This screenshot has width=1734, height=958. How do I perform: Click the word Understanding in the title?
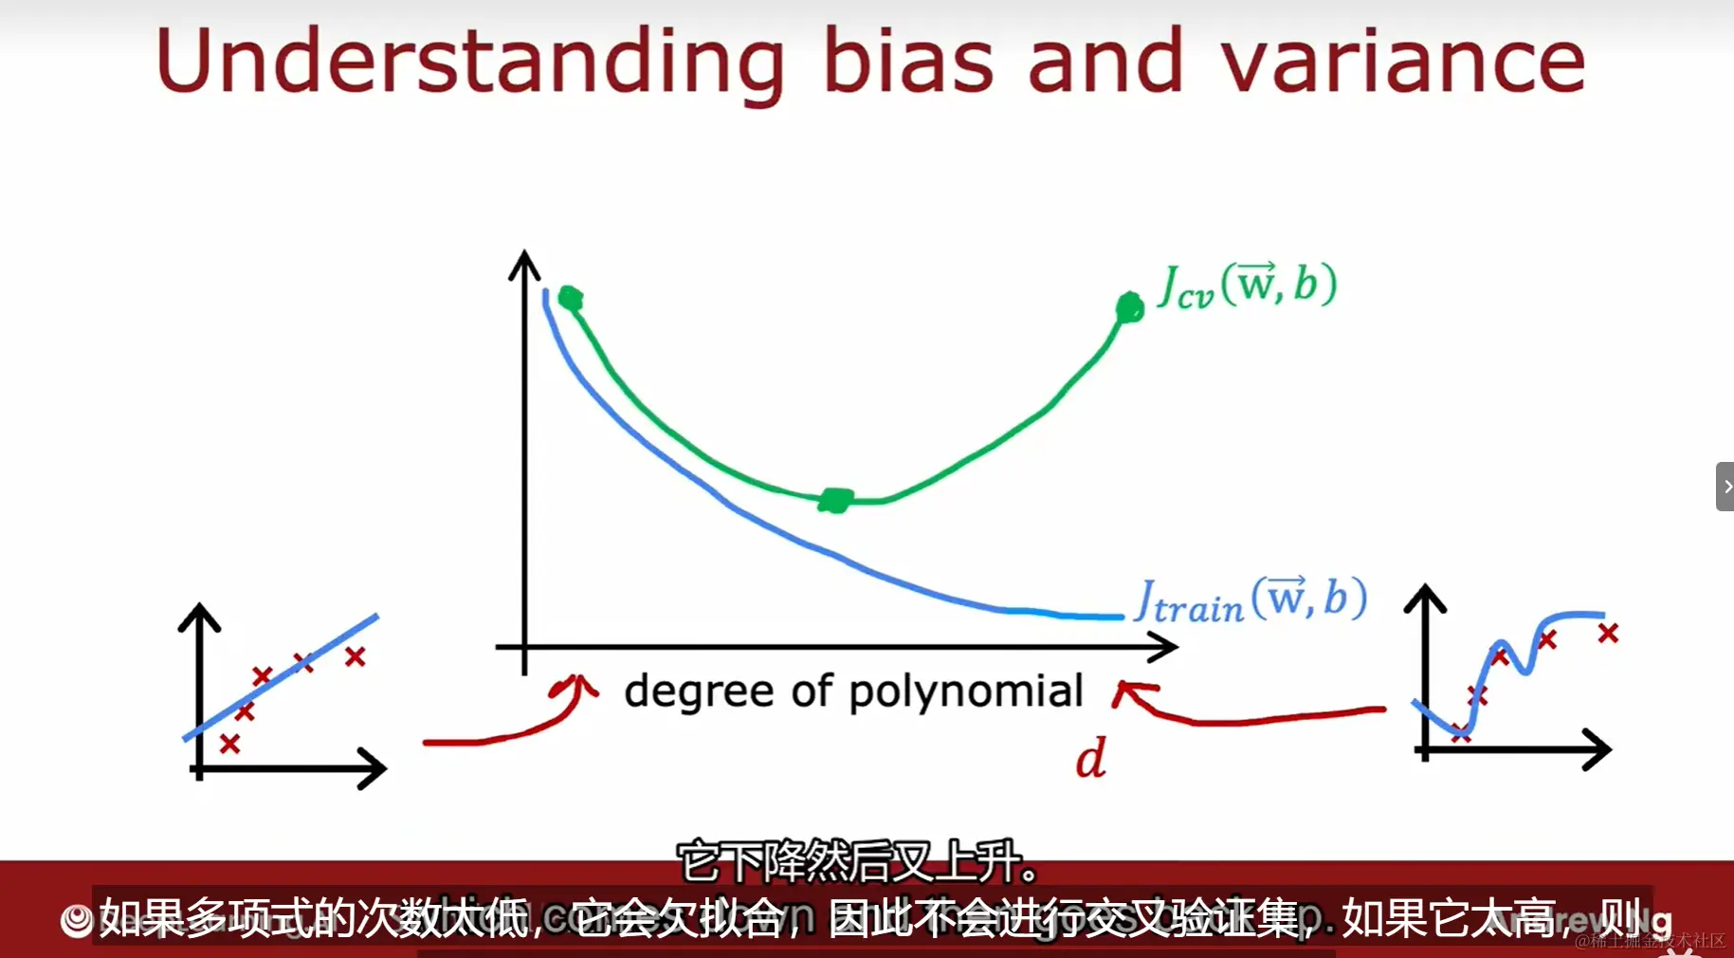tap(469, 62)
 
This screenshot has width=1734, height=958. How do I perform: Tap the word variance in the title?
tap(1402, 62)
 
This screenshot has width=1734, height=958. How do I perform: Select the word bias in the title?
tap(907, 62)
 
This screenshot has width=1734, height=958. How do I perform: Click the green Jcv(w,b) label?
tap(1248, 286)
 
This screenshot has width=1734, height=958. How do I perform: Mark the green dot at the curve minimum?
tap(835, 499)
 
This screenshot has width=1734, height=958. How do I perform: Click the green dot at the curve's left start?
tap(570, 299)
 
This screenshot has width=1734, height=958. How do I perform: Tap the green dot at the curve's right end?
tap(1129, 307)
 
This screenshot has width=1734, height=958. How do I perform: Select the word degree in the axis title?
tap(699, 691)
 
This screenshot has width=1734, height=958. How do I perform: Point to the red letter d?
tap(1090, 759)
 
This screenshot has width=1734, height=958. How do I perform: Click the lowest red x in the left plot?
tap(229, 745)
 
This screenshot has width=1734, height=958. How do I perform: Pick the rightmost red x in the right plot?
tap(1608, 633)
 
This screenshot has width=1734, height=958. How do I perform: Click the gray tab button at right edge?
tap(1725, 487)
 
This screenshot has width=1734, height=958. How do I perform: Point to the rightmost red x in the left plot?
tap(356, 655)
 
